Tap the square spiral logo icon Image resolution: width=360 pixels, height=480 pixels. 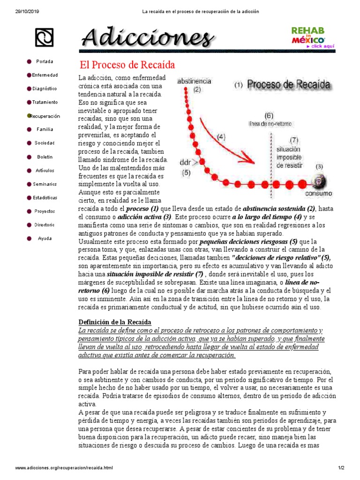(x=44, y=37)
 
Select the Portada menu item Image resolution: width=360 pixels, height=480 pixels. (x=45, y=61)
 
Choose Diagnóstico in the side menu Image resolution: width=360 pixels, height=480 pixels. (x=45, y=88)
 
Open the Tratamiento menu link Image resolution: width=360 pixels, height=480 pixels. (x=45, y=102)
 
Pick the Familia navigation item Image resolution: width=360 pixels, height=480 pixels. (x=45, y=129)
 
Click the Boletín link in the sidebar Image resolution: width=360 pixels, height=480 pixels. (x=45, y=157)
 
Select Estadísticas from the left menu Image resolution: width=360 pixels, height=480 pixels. (x=45, y=198)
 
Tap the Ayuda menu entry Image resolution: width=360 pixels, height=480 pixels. (x=45, y=238)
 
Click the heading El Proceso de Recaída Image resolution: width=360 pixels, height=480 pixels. (x=127, y=64)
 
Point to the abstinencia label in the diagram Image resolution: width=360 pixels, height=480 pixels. (x=194, y=81)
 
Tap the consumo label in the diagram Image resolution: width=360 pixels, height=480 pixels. (x=319, y=193)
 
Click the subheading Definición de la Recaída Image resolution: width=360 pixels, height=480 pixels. (x=115, y=322)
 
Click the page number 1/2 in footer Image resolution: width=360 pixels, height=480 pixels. (x=341, y=468)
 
